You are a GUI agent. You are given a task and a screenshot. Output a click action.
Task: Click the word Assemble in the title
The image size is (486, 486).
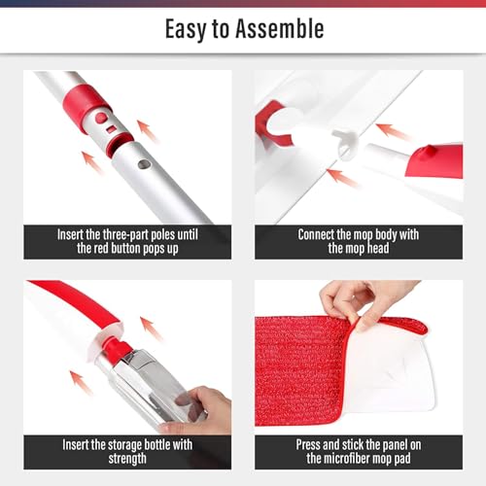(x=280, y=29)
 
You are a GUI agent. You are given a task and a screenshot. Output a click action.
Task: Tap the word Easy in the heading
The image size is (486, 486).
(x=186, y=30)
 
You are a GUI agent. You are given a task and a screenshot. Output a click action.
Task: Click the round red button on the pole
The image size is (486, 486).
(x=101, y=118)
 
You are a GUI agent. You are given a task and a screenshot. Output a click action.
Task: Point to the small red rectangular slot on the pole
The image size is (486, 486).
(x=111, y=129)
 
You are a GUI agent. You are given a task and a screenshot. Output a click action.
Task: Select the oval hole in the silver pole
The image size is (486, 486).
(x=144, y=164)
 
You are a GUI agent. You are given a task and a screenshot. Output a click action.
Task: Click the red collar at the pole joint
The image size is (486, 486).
(x=85, y=105)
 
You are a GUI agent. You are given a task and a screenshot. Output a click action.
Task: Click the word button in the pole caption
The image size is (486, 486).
(x=125, y=249)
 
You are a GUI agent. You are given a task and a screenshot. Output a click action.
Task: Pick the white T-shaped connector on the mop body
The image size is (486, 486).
(x=345, y=143)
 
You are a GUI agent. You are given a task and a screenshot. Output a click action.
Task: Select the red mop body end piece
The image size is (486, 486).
(x=435, y=160)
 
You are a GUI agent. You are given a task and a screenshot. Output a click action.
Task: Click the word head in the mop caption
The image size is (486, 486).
(x=378, y=249)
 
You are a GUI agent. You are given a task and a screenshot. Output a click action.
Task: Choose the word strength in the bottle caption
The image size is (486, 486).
(x=127, y=459)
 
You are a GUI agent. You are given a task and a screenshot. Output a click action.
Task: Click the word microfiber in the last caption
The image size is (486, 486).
(x=349, y=459)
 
